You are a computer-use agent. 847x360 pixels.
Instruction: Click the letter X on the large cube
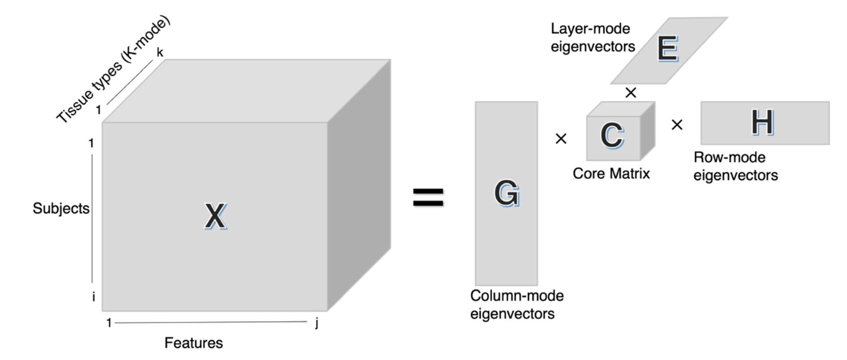(215, 217)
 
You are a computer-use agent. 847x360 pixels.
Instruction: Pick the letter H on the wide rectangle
(762, 123)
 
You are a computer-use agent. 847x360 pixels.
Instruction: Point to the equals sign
(428, 198)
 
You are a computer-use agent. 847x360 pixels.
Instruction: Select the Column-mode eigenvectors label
(517, 305)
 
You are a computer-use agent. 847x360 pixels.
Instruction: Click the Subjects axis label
(62, 209)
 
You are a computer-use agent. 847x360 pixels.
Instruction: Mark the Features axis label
(194, 344)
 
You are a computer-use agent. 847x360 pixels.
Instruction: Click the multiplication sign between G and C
(561, 139)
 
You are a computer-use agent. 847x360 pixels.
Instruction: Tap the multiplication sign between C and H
(677, 125)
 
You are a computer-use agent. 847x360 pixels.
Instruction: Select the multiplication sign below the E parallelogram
(631, 92)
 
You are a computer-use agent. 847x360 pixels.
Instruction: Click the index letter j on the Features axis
(317, 323)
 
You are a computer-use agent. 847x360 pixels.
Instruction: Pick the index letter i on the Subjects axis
(94, 297)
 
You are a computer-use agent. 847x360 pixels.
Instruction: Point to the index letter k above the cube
(160, 53)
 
